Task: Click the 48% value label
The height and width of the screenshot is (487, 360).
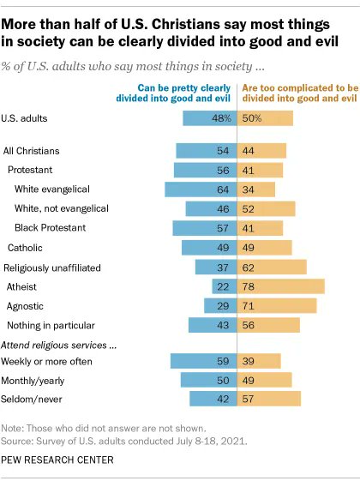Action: pos(223,117)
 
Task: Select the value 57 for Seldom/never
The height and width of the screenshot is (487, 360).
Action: pos(249,399)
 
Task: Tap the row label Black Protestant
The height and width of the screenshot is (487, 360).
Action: pos(50,228)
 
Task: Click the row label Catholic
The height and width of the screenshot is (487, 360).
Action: pos(26,248)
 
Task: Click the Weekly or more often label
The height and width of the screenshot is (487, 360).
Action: pos(47,361)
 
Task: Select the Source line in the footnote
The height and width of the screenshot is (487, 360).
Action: pos(125,442)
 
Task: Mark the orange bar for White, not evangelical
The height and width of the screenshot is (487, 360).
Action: pos(268,208)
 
